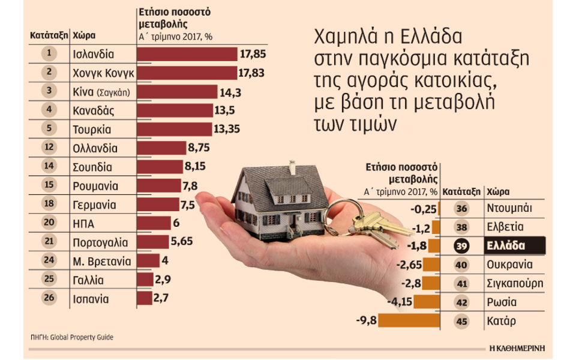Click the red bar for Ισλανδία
click(187, 55)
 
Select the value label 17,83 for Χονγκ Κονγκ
click(252, 73)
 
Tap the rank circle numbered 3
click(49, 92)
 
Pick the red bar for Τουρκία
click(175, 129)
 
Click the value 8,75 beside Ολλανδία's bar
click(198, 148)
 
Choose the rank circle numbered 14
click(49, 166)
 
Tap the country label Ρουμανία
click(95, 185)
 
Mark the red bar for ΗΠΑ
click(154, 223)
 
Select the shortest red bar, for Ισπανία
click(145, 298)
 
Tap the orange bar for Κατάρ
click(410, 321)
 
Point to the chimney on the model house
click(292, 166)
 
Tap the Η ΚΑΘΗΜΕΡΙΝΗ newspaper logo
click(517, 347)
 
